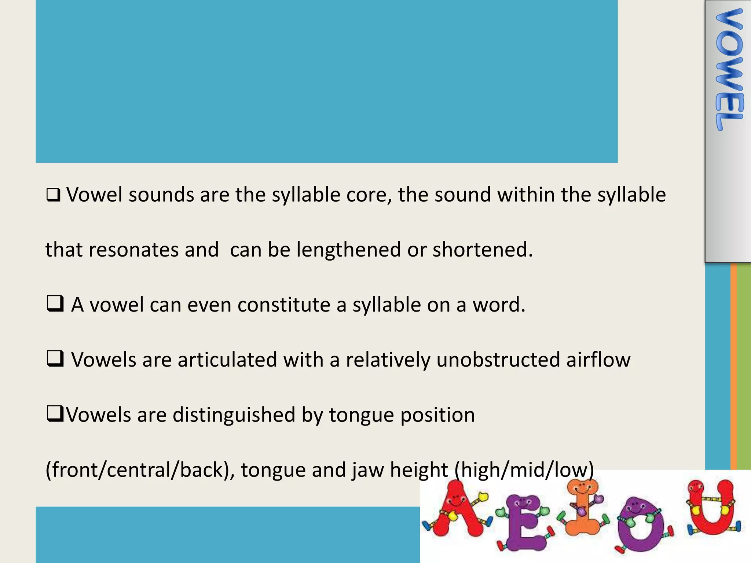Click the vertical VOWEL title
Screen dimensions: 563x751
pyautogui.click(x=729, y=70)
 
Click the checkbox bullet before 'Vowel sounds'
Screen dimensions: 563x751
pyautogui.click(x=53, y=195)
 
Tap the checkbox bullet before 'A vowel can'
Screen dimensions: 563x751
pyautogui.click(x=55, y=304)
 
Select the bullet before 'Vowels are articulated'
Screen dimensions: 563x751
pyautogui.click(x=55, y=359)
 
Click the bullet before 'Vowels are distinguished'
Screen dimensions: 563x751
pyautogui.click(x=55, y=414)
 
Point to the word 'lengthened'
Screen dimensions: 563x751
pyautogui.click(x=349, y=250)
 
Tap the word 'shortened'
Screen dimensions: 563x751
pyautogui.click(x=483, y=250)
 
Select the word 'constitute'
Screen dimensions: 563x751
pyautogui.click(x=284, y=305)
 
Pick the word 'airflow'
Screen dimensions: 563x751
pyautogui.click(x=598, y=360)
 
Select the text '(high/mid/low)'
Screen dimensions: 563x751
pyautogui.click(x=524, y=470)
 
